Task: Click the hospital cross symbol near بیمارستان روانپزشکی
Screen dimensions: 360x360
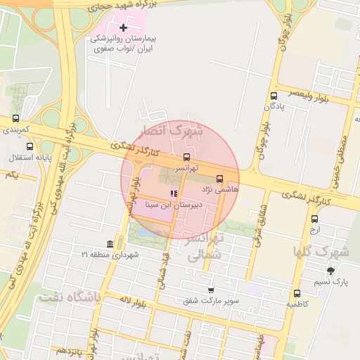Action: point(124,28)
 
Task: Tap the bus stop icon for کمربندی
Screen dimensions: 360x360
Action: point(16,119)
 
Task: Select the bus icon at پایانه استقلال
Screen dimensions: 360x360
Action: point(30,147)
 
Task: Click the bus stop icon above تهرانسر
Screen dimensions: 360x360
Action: point(186,157)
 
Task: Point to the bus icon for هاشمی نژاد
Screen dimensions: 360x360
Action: point(219,179)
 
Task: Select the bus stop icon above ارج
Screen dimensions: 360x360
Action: point(314,219)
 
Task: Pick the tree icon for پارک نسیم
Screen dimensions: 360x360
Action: point(330,271)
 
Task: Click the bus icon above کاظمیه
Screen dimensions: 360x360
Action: point(297,293)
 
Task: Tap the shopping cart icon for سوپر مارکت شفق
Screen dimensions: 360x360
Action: point(210,290)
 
